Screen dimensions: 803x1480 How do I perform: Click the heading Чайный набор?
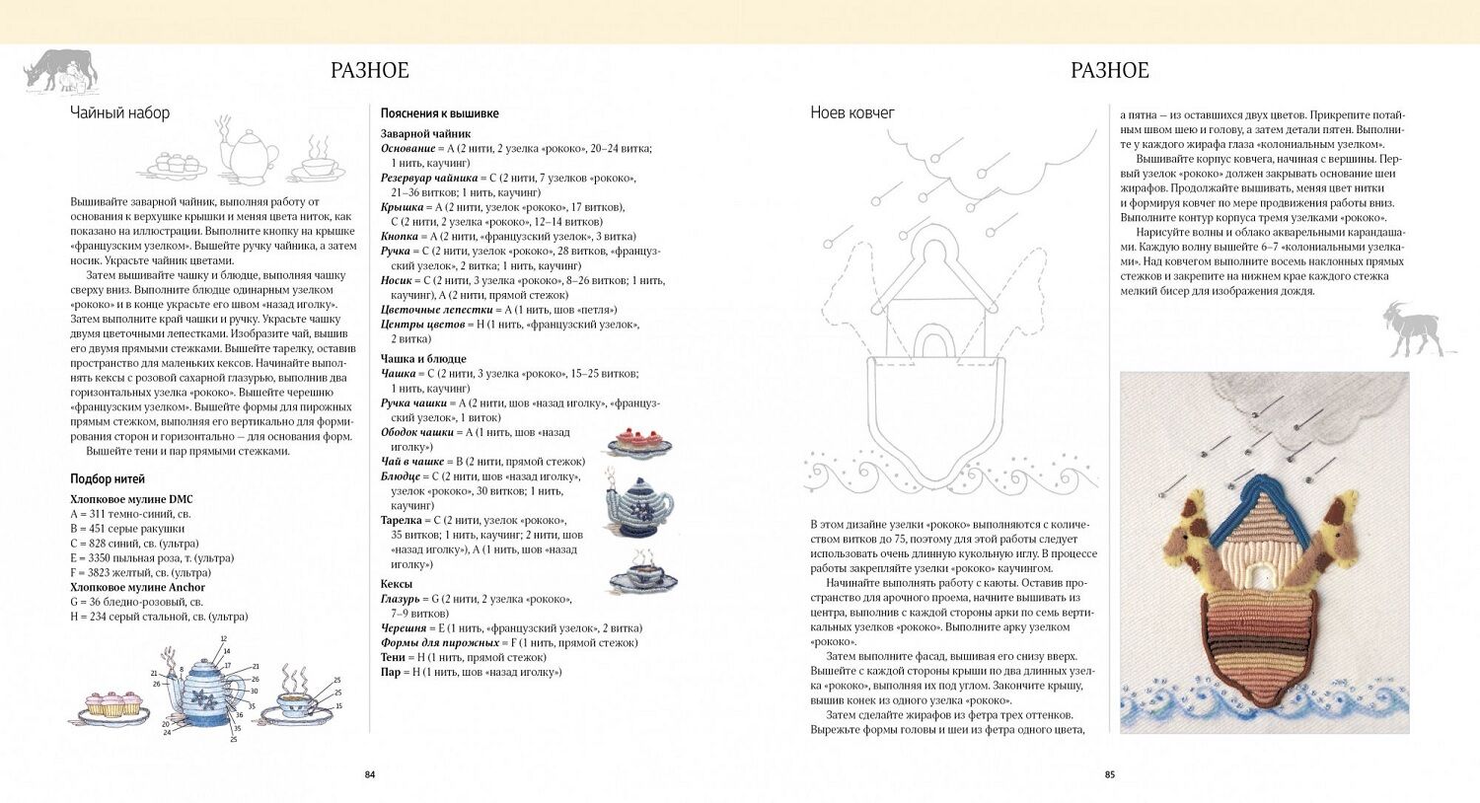119,112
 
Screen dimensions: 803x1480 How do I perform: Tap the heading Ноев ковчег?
852,112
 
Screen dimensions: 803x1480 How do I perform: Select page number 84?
370,774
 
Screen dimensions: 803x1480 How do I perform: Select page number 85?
1110,774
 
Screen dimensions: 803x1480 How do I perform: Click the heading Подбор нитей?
108,479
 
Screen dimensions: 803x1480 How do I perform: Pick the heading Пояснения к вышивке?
439,113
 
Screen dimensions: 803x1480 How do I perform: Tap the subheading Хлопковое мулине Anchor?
137,587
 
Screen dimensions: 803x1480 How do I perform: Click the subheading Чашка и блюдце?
423,359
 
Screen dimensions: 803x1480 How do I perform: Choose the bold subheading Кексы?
397,584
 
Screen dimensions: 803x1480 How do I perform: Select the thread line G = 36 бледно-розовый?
136,602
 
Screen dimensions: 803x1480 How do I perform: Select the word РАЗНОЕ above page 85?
1110,70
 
